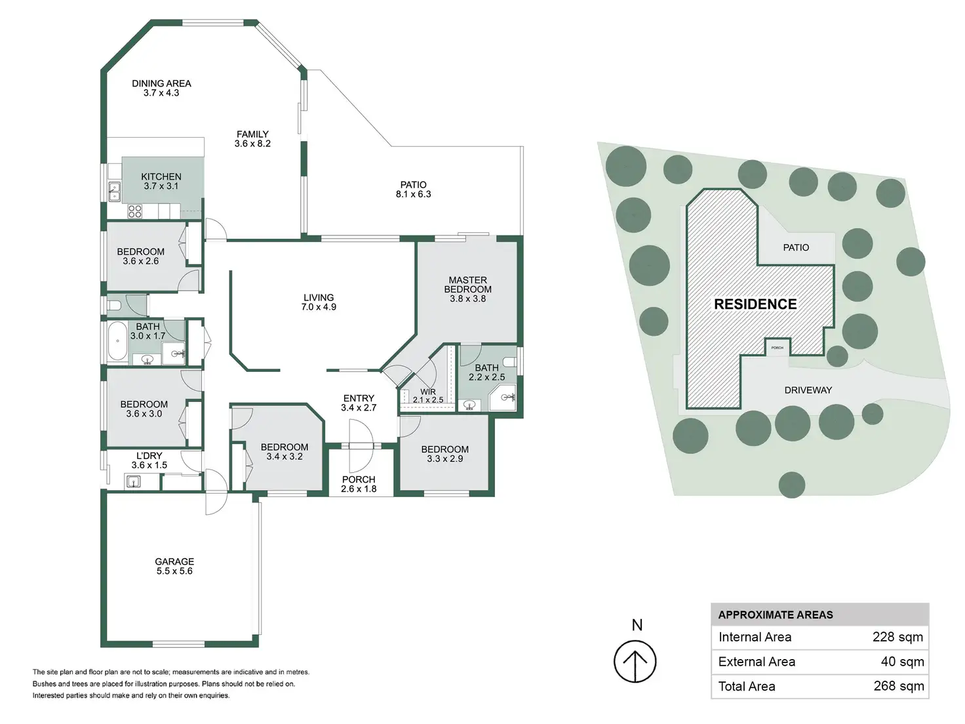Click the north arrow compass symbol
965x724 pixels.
(635, 661)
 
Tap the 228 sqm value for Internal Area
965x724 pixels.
(897, 637)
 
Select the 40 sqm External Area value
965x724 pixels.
(902, 662)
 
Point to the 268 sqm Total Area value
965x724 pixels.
(899, 686)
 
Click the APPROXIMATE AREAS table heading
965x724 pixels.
(776, 614)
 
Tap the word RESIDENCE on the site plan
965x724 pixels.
(755, 304)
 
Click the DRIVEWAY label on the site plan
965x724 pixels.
(808, 390)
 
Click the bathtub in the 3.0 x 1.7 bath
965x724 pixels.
(117, 341)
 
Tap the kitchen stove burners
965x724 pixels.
(135, 211)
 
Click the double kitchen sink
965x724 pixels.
(114, 191)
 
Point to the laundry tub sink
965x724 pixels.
(133, 481)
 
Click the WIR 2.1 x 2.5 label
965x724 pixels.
(428, 395)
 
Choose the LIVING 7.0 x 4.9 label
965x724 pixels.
(319, 302)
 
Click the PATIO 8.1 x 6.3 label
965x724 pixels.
(413, 190)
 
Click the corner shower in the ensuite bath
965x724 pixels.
(503, 398)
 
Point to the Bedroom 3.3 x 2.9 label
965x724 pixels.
(445, 454)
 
